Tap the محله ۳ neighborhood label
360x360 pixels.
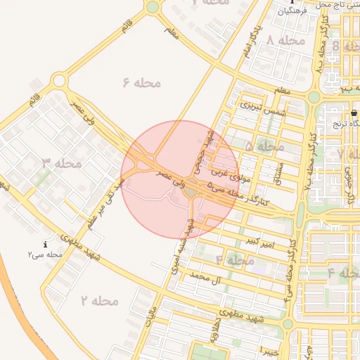point(62,163)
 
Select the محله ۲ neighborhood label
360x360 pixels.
point(99,301)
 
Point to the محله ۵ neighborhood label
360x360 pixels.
point(264,146)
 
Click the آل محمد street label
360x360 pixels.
point(206,279)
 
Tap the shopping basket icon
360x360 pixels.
point(354,112)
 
